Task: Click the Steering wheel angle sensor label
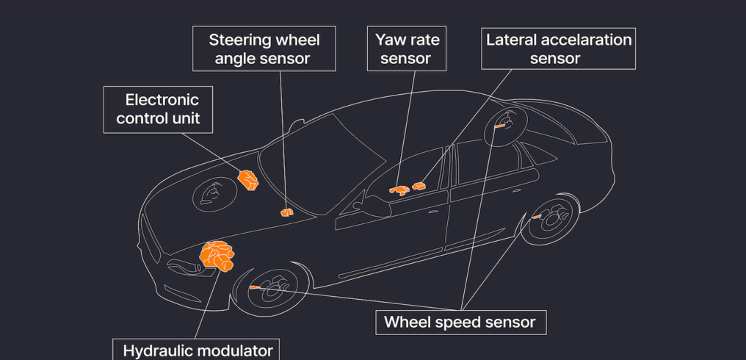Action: [x=264, y=48]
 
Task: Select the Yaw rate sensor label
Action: [x=406, y=48]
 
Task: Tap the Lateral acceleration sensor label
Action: [x=558, y=48]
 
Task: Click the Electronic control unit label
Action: [x=158, y=109]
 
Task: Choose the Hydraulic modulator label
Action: [x=197, y=350]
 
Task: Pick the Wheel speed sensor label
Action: [x=460, y=322]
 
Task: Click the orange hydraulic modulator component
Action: [x=217, y=255]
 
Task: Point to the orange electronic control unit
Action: [x=248, y=179]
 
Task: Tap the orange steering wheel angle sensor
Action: [x=286, y=212]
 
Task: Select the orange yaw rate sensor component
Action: [x=400, y=190]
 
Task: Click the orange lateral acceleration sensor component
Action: [x=419, y=187]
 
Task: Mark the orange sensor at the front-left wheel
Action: [x=254, y=287]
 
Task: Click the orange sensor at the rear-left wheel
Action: [x=537, y=217]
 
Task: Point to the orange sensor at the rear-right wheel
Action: [x=499, y=126]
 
